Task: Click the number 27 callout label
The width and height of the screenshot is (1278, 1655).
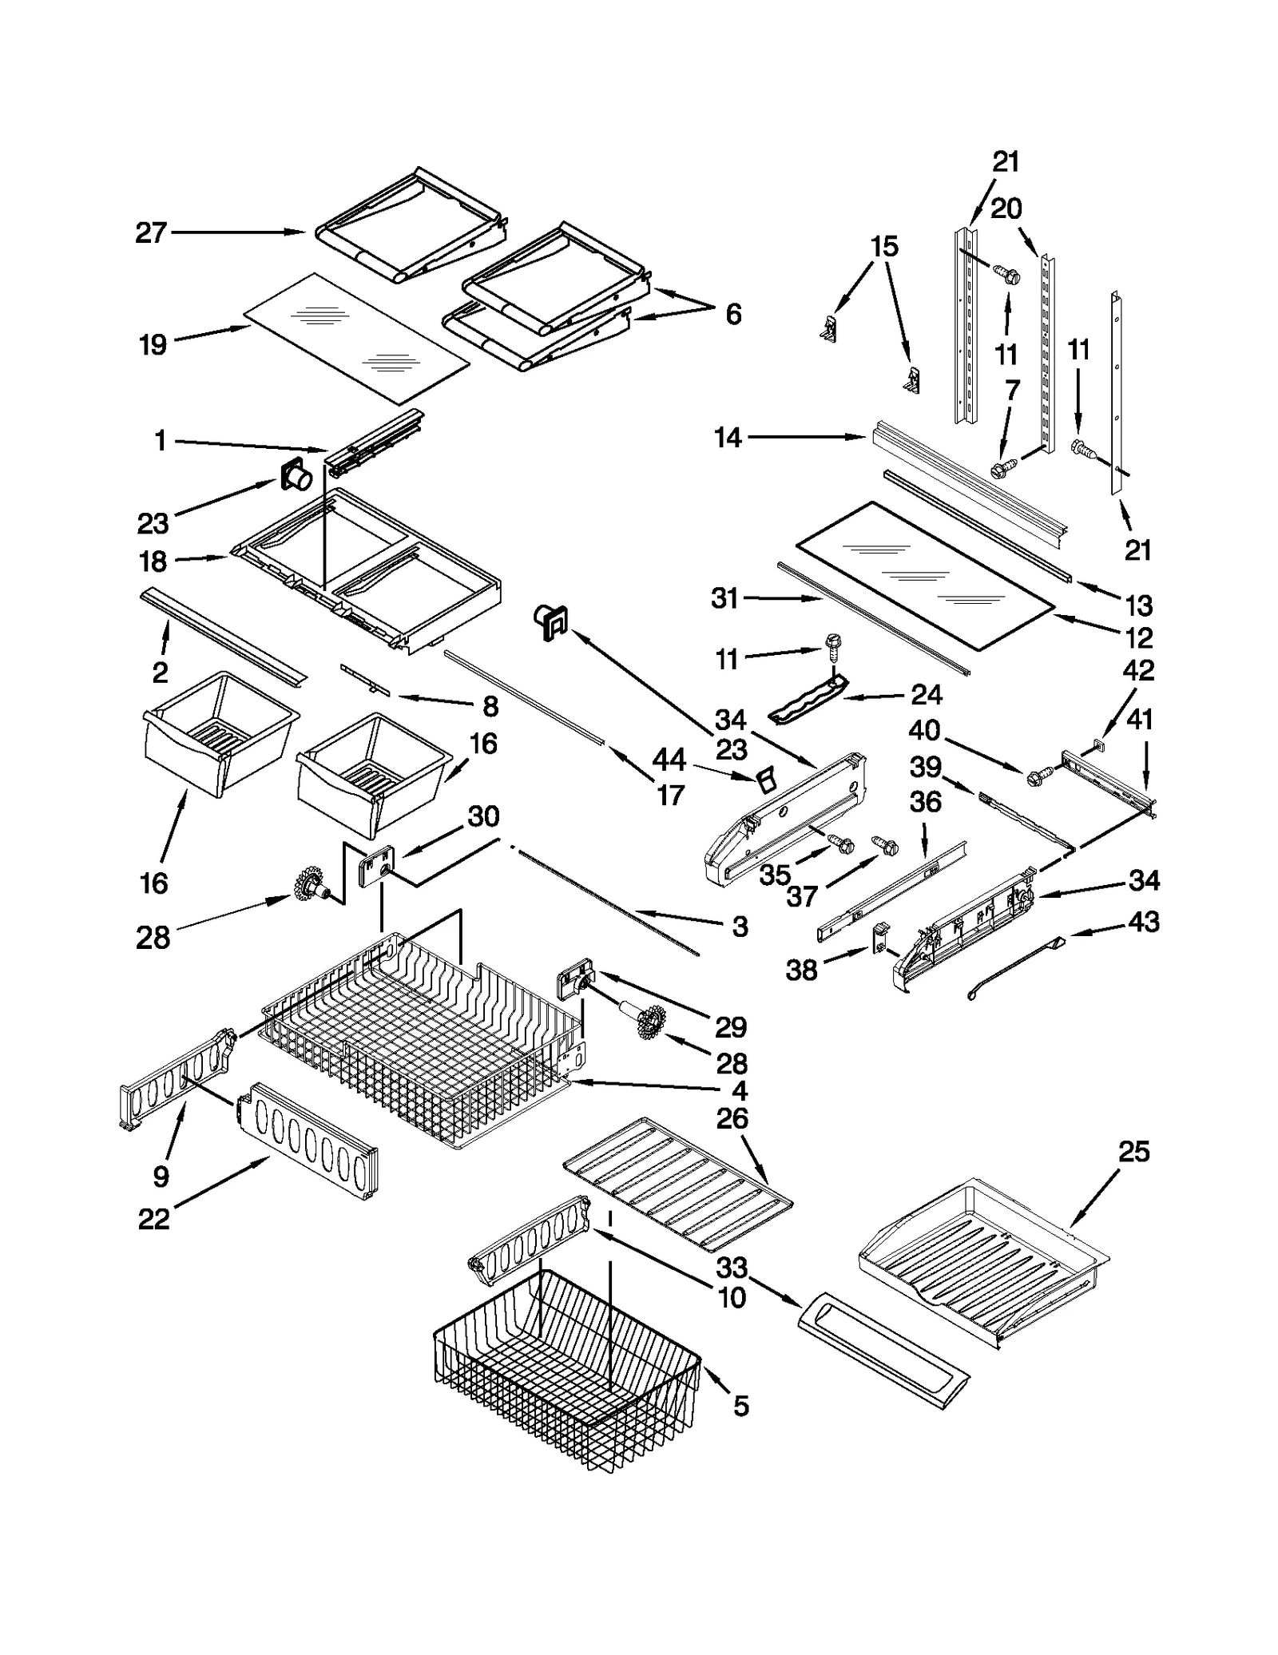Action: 150,232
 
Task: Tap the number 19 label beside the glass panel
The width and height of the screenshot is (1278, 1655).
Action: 153,345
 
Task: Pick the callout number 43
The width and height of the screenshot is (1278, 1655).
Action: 1143,922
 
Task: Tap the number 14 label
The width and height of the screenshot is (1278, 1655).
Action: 728,438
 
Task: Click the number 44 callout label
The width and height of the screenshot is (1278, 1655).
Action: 669,760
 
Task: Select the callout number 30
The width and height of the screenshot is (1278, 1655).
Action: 483,816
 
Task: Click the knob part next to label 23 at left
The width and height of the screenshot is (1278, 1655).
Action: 296,478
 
